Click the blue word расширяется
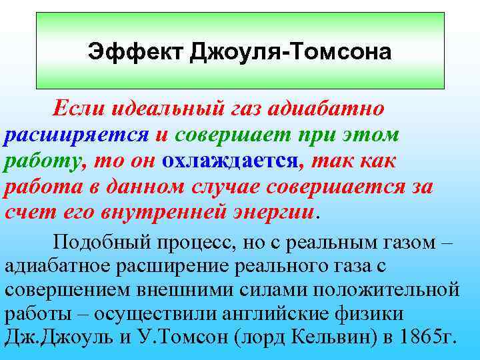[x=76, y=135]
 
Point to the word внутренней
[x=187, y=213]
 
